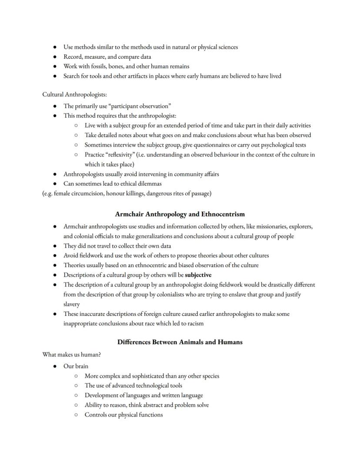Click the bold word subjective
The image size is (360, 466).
pos(198,275)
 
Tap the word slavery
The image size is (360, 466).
pos(72,304)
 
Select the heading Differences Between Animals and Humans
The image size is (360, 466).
pos(180,342)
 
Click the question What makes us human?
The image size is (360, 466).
pos(72,355)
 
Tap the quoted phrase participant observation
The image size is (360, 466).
pos(138,106)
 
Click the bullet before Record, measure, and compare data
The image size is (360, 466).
pos(55,57)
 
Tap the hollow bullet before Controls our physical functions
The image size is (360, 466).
pos(76,415)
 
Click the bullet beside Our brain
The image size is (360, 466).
pos(55,366)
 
